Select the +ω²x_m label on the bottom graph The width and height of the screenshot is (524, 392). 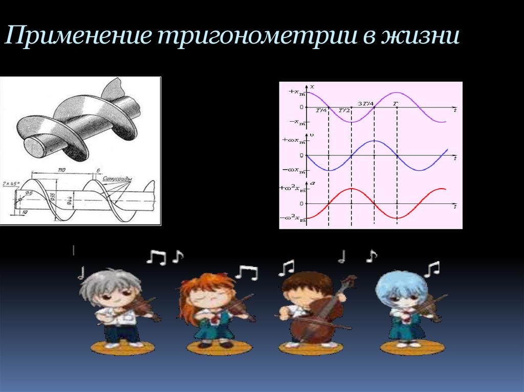tap(292, 189)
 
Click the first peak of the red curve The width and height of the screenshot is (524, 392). tap(352, 189)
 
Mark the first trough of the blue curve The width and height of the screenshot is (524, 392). tap(329, 170)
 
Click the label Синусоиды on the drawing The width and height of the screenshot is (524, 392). tap(117, 179)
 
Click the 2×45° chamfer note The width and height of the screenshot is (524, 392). tap(10, 182)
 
